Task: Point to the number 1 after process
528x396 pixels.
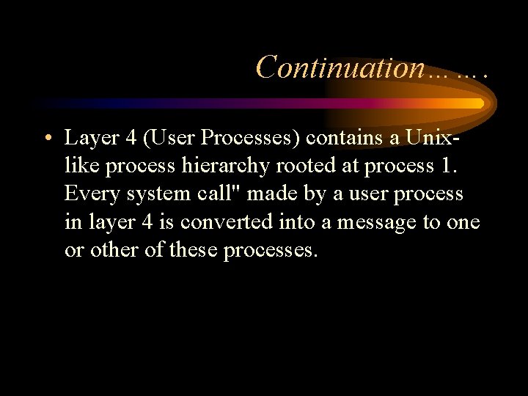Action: (x=449, y=166)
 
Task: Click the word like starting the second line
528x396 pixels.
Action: (x=82, y=166)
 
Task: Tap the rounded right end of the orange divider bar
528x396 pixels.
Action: (x=480, y=103)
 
